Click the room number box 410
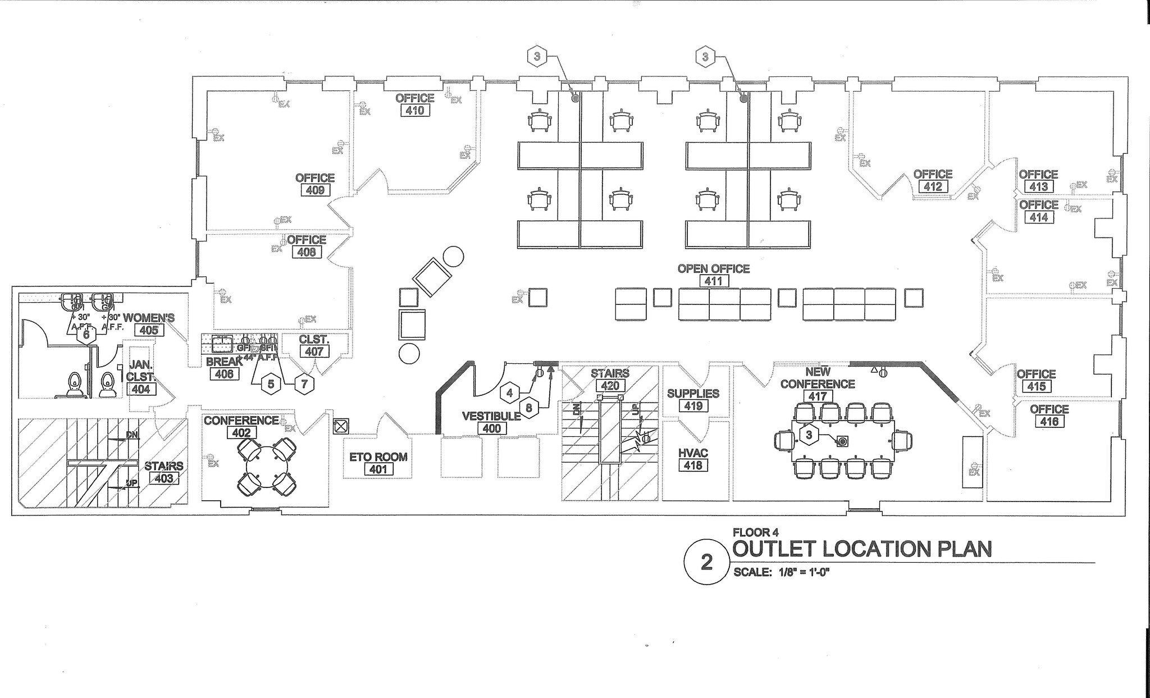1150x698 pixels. (x=415, y=111)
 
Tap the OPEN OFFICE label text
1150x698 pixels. (x=713, y=269)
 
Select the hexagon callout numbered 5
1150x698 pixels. (x=271, y=384)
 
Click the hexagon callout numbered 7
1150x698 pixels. (x=304, y=384)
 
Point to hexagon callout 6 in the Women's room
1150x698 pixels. (x=86, y=335)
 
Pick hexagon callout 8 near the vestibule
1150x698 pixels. (x=528, y=408)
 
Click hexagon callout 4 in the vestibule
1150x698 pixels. (x=509, y=393)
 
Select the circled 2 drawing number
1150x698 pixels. (x=706, y=562)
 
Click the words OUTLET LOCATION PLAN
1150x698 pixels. (x=862, y=549)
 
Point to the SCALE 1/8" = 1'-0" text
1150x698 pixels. (x=782, y=573)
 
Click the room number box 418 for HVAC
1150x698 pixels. (x=693, y=466)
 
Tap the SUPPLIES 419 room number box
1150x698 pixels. (x=693, y=406)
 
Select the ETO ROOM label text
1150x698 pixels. (x=378, y=457)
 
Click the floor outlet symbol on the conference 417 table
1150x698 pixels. (x=842, y=441)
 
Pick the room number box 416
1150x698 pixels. (x=1049, y=422)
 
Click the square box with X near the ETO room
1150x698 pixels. (x=340, y=427)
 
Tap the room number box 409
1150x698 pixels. (x=315, y=190)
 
